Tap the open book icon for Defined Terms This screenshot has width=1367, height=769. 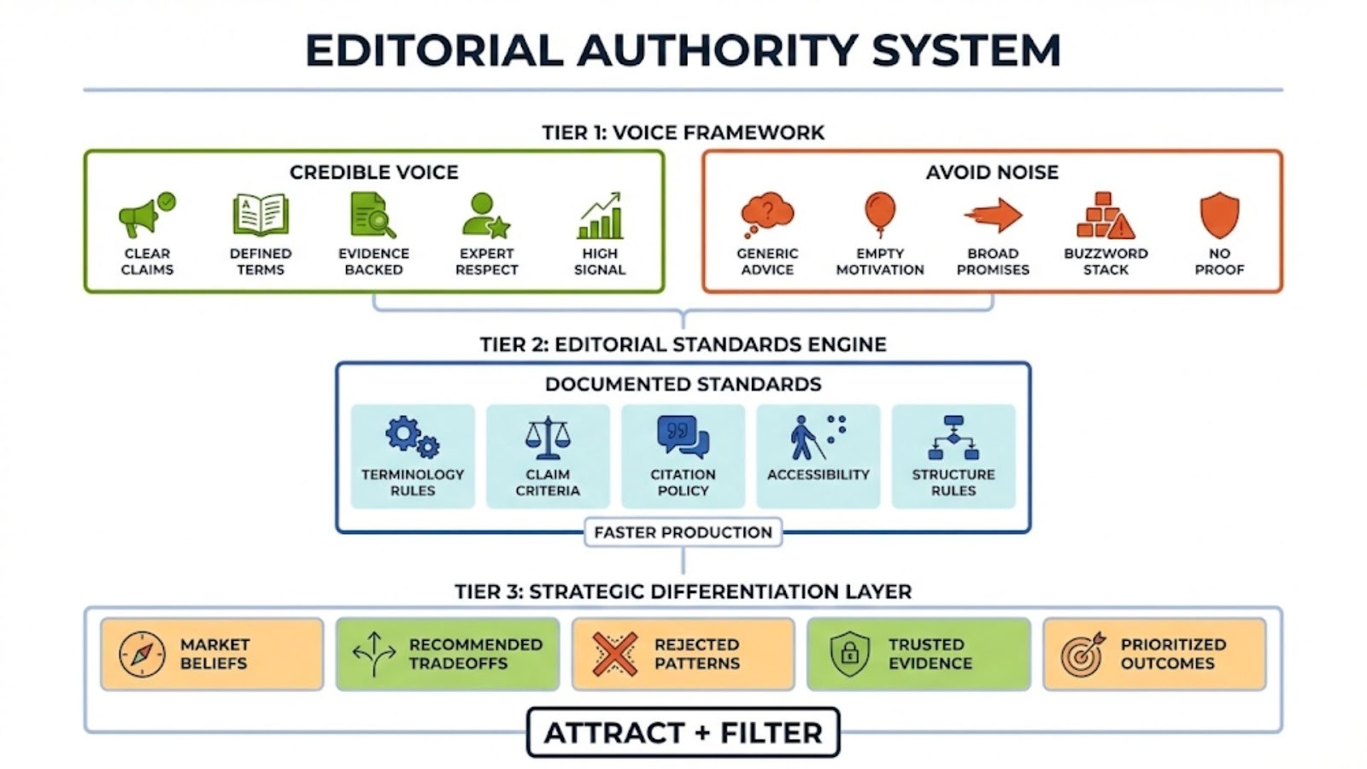[x=261, y=215]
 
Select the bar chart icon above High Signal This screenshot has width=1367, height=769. [x=600, y=216]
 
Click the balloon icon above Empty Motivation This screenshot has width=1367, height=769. [x=880, y=214]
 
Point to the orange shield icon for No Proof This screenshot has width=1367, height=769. [x=1219, y=214]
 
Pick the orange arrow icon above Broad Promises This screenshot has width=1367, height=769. [x=993, y=215]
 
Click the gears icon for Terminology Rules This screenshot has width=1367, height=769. [x=413, y=437]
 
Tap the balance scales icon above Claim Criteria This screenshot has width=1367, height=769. [x=548, y=437]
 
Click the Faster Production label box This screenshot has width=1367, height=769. [x=683, y=532]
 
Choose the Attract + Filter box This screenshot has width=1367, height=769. [x=683, y=732]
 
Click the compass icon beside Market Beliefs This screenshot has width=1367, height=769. [x=143, y=655]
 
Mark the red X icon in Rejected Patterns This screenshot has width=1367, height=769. [x=614, y=655]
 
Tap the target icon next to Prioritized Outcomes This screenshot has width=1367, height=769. [x=1083, y=655]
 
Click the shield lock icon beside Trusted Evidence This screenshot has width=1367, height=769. [x=849, y=655]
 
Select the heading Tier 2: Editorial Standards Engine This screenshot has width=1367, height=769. [x=683, y=344]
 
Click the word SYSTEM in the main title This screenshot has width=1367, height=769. [x=966, y=50]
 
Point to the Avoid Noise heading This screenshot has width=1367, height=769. [x=992, y=173]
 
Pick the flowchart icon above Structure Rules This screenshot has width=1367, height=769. [x=953, y=437]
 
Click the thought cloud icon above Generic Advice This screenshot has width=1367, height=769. [x=766, y=214]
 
